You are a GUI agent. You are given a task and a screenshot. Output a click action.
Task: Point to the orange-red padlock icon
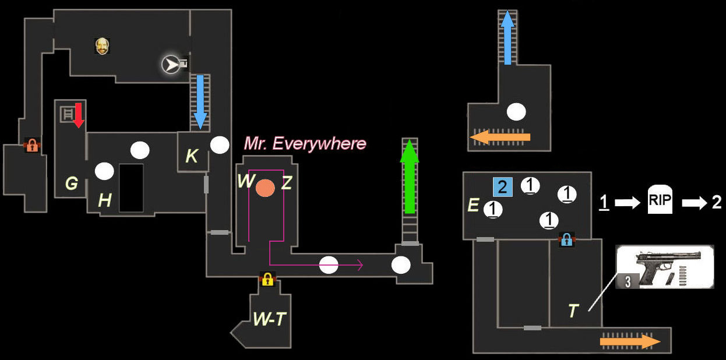pyautogui.click(x=32, y=146)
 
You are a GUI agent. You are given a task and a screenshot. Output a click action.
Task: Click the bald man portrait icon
pyautogui.click(x=103, y=46)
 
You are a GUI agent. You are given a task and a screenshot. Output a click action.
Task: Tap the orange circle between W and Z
pyautogui.click(x=265, y=188)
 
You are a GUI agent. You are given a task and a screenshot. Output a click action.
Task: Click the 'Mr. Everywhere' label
pyautogui.click(x=305, y=143)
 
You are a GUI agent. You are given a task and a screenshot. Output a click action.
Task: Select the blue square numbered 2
pyautogui.click(x=502, y=187)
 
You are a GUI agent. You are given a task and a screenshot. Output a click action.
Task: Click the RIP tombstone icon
pyautogui.click(x=660, y=202)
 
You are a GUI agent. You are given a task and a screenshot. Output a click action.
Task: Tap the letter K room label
pyautogui.click(x=192, y=156)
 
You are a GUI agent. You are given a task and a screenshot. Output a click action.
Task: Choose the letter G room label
pyautogui.click(x=72, y=184)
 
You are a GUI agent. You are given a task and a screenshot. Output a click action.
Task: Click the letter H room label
pyautogui.click(x=105, y=201)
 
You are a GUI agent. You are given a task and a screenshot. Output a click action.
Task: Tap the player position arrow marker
pyautogui.click(x=171, y=65)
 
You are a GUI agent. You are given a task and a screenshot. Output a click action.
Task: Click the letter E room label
pyautogui.click(x=473, y=205)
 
